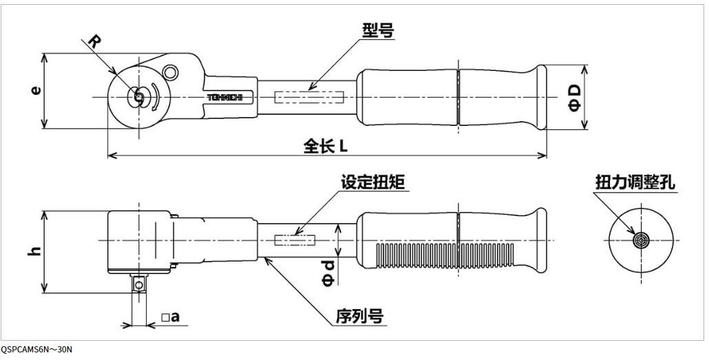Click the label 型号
coord(377,30)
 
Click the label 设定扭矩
coord(373,182)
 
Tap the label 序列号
coord(359,316)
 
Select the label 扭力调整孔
coord(635,182)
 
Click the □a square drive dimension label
coord(170,317)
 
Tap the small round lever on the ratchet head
coord(170,72)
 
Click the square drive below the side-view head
coord(140,283)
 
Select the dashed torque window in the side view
coord(295,240)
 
